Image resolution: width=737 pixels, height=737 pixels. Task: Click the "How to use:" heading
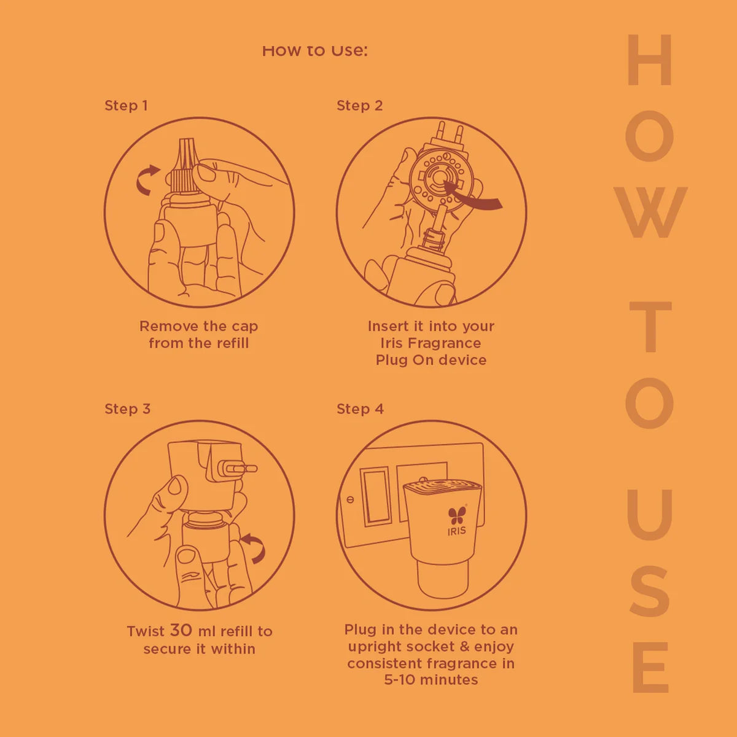(315, 50)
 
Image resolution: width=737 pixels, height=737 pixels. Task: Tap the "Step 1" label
(127, 106)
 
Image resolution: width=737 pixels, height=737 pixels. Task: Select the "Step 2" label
(359, 106)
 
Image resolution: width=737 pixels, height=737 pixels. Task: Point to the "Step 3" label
(127, 409)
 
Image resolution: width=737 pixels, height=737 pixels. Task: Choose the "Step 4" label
(360, 409)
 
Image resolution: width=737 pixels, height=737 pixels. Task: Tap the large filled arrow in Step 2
(472, 197)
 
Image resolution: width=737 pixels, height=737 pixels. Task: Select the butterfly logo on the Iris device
(457, 515)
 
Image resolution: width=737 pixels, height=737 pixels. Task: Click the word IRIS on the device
(457, 531)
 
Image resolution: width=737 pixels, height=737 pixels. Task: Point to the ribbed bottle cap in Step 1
(185, 165)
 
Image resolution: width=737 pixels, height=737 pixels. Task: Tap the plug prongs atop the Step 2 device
(450, 132)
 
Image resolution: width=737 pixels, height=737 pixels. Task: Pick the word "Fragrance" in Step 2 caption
(444, 343)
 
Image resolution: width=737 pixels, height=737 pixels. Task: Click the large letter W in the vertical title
(650, 213)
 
